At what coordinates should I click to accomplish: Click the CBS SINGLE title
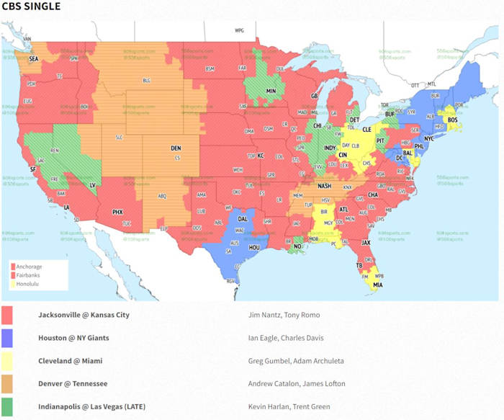coord(31,6)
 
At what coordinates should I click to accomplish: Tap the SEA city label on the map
coord(33,60)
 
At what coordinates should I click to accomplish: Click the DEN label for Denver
coord(176,148)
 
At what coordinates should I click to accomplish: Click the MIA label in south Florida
coord(378,285)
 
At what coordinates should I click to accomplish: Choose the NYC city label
coord(428,138)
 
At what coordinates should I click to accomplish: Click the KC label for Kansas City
coord(261,156)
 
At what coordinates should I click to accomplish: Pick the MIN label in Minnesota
coord(271,91)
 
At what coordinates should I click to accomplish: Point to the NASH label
coord(325,185)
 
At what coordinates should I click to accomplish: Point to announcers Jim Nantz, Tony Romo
coord(279,315)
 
